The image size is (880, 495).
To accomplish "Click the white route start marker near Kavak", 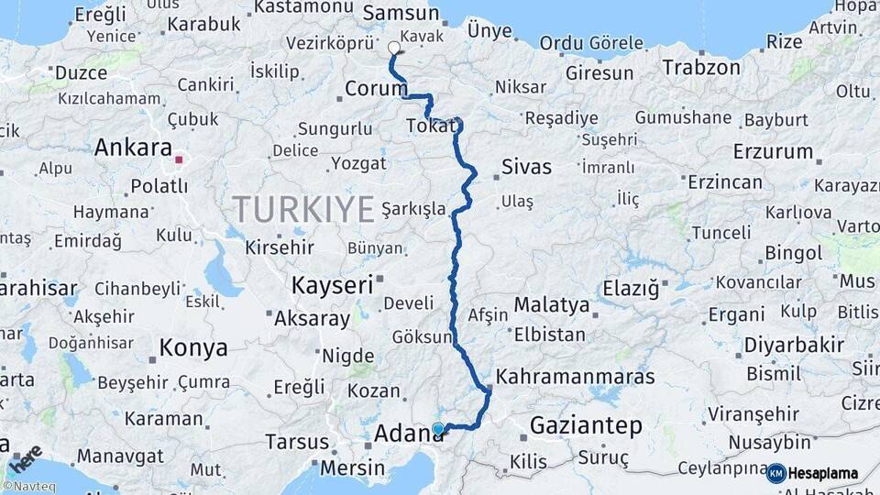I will click(394, 48).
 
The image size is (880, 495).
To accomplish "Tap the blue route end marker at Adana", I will click(438, 428).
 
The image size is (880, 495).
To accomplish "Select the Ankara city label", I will click(133, 148).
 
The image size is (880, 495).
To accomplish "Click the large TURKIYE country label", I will click(303, 209).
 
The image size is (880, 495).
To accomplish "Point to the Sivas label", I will click(527, 167).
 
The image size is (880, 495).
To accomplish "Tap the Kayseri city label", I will click(332, 285).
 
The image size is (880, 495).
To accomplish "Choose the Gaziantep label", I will click(586, 425).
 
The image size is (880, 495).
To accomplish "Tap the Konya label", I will click(192, 347).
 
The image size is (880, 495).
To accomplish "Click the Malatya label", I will click(551, 304).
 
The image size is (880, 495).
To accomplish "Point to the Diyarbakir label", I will click(794, 345).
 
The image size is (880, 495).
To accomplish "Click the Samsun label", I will click(401, 13).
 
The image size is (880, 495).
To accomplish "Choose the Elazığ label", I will click(631, 290).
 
